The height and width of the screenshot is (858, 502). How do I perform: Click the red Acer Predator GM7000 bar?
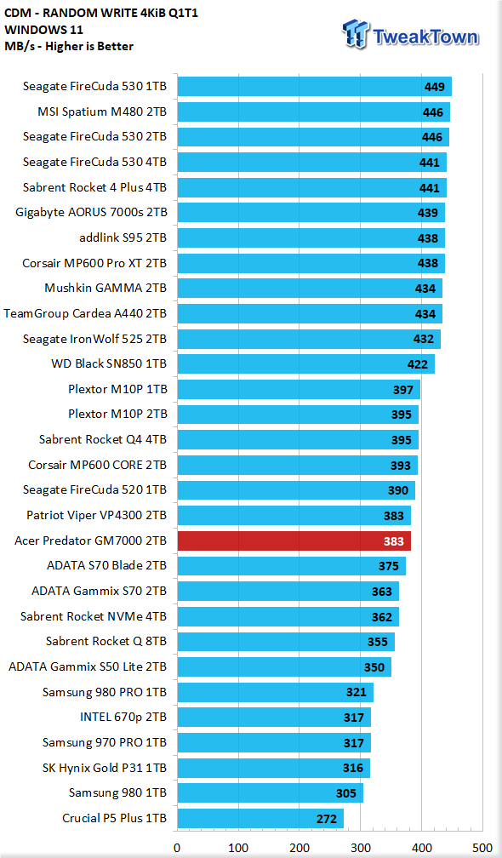(x=294, y=541)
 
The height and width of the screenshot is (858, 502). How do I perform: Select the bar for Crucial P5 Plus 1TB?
(x=260, y=819)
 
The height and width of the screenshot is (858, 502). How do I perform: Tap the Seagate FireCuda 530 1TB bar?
(x=315, y=87)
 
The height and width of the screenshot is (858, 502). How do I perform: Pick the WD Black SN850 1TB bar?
(x=306, y=364)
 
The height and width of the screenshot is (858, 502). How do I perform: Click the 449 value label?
(x=434, y=87)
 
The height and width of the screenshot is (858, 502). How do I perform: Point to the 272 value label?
(x=327, y=819)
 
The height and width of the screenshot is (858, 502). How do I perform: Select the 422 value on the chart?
(x=417, y=364)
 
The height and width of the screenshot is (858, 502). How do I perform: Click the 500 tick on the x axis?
(x=482, y=848)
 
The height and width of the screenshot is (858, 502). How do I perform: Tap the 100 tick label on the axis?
(x=238, y=848)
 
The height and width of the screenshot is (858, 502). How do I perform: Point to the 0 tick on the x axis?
(x=177, y=848)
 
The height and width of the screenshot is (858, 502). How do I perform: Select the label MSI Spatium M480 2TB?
(x=102, y=112)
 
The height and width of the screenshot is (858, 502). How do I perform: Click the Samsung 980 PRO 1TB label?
(x=105, y=692)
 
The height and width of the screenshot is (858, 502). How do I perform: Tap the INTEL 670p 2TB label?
(x=123, y=718)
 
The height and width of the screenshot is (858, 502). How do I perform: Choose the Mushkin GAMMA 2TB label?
(x=106, y=288)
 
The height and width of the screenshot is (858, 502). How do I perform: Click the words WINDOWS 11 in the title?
(x=43, y=30)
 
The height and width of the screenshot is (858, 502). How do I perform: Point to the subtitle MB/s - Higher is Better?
(x=68, y=47)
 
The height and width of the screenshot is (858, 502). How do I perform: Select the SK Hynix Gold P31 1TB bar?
(x=273, y=769)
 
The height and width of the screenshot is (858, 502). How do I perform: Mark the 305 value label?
(x=346, y=793)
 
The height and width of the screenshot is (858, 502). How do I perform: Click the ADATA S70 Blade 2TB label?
(x=106, y=566)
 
